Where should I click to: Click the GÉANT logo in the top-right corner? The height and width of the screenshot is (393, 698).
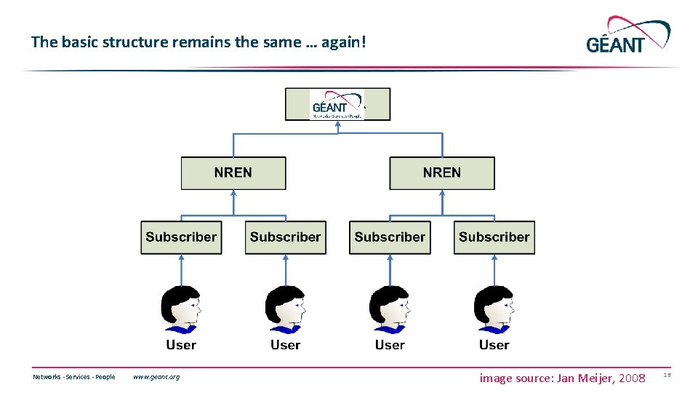627,36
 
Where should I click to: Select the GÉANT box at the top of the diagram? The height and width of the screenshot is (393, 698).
337,104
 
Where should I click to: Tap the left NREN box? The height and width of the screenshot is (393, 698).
233,173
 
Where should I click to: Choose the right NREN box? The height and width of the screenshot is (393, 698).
442,173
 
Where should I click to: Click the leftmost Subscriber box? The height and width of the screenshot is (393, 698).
181,237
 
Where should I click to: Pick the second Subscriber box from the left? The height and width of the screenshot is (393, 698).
286,237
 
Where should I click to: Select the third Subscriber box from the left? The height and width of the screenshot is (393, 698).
390,237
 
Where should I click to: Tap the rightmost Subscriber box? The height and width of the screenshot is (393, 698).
494,237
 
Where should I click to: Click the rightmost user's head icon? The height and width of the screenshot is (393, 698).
494,310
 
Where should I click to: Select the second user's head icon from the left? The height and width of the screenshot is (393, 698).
285,310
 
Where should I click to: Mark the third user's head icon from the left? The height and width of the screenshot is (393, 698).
390,310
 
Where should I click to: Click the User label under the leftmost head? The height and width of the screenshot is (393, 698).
181,345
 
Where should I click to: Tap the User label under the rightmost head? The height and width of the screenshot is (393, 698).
494,345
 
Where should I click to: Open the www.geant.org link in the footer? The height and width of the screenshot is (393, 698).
156,377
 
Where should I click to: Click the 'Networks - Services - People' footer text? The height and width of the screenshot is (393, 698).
74,377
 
